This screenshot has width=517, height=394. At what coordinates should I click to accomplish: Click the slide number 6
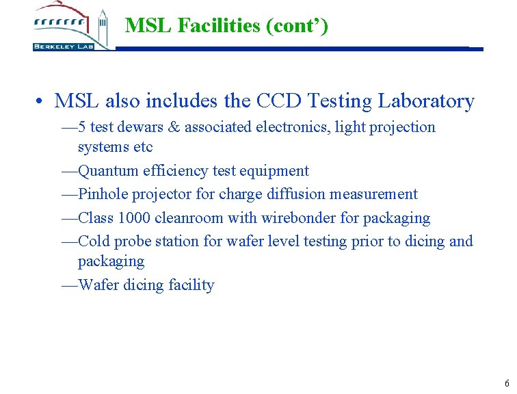pyautogui.click(x=506, y=383)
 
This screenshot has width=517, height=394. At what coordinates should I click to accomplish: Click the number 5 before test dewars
pyautogui.click(x=82, y=127)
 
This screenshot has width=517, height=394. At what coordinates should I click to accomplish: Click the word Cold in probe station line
pyautogui.click(x=94, y=241)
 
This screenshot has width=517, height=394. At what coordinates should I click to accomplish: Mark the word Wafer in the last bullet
pyautogui.click(x=98, y=285)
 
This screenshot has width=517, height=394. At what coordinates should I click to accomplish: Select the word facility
pyautogui.click(x=190, y=285)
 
